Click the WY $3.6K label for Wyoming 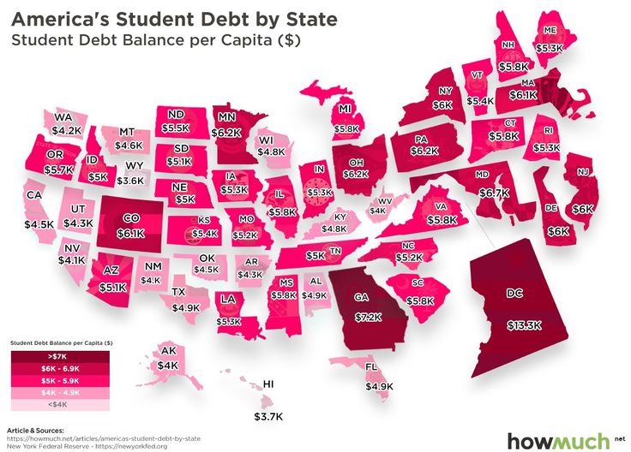[131, 173]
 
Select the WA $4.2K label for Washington [65, 124]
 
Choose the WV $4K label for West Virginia [379, 205]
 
